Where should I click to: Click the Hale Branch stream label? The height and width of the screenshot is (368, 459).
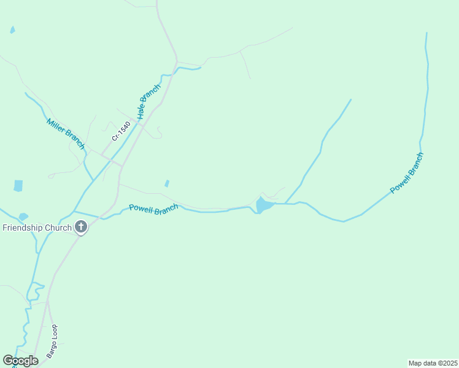[149, 101]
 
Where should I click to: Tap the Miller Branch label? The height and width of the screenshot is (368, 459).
[65, 133]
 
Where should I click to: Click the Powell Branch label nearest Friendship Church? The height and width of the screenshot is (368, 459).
[153, 209]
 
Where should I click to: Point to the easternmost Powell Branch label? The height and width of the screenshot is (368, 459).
[407, 173]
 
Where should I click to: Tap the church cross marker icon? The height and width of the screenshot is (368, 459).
[81, 228]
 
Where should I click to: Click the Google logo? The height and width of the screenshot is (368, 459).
[20, 361]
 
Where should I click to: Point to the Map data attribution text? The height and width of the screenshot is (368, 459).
[433, 362]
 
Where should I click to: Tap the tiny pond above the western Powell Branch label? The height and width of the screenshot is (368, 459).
[167, 183]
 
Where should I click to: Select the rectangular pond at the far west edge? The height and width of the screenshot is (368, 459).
[18, 186]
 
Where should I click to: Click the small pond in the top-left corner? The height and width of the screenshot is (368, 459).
[12, 29]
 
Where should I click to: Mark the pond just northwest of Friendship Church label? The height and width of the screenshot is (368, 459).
[23, 217]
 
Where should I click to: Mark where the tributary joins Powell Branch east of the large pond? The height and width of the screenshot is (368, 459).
[286, 203]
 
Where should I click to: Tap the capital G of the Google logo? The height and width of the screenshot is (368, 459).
[8, 361]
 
